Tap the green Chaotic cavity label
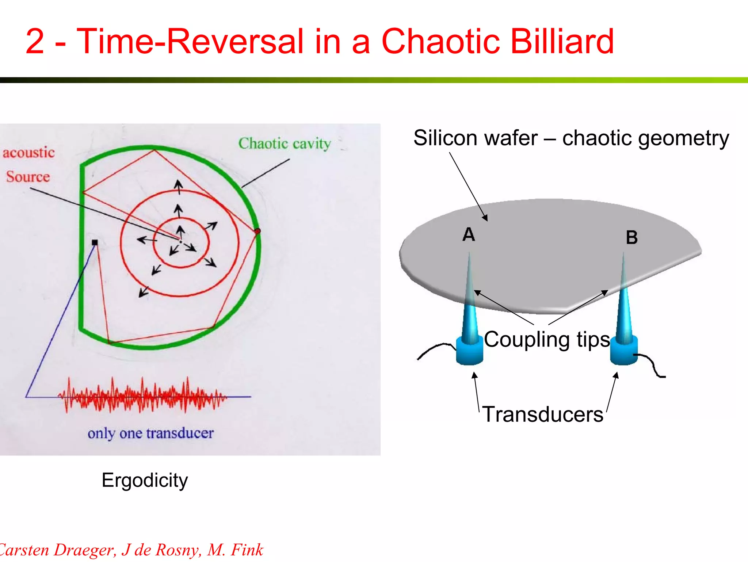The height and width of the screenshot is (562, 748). click(x=285, y=144)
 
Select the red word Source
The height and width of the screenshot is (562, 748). click(x=28, y=177)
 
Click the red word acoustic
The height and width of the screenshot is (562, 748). click(x=28, y=152)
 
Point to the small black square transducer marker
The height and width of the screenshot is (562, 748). click(x=95, y=242)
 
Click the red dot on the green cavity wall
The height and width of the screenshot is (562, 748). click(x=257, y=231)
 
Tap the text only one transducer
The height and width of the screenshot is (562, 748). click(x=150, y=433)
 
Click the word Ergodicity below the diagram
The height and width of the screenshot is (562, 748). click(x=145, y=480)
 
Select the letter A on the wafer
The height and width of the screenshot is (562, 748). click(x=469, y=234)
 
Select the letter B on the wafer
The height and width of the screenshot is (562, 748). click(x=631, y=237)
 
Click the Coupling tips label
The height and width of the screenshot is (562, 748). click(x=547, y=340)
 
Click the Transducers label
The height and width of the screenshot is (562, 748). click(x=543, y=414)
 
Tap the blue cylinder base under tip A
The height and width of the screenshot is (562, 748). click(x=470, y=352)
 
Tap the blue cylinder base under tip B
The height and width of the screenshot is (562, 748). click(x=624, y=352)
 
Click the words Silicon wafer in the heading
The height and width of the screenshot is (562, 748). click(x=475, y=138)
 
